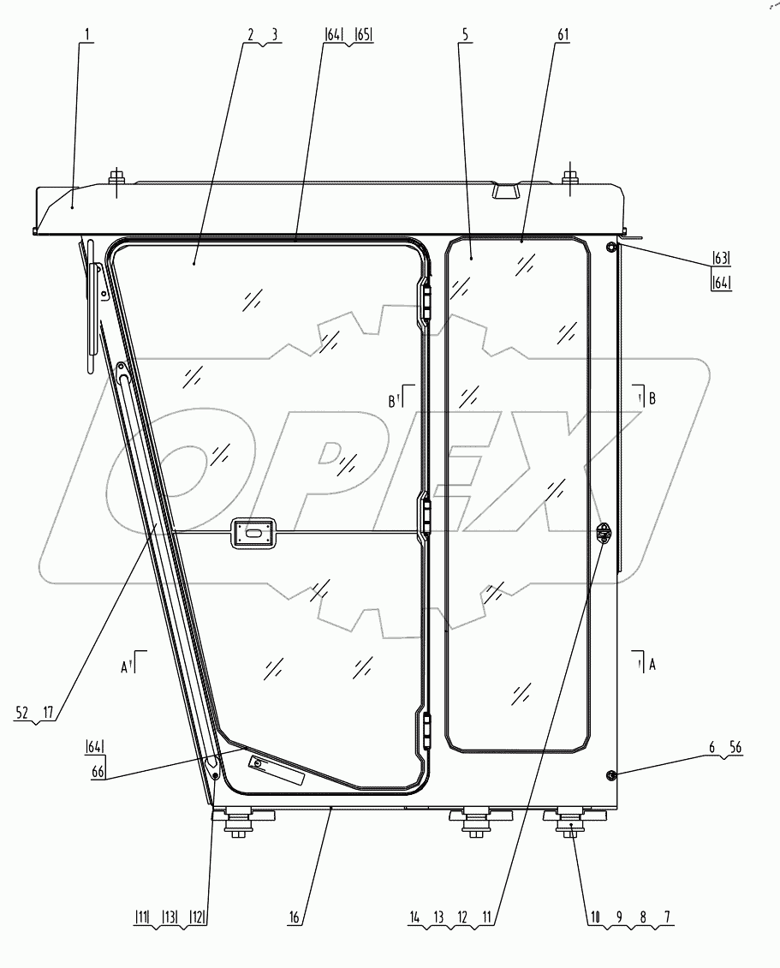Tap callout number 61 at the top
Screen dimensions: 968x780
click(x=563, y=35)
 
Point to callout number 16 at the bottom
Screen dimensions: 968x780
click(x=293, y=917)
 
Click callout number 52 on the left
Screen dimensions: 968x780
click(x=21, y=710)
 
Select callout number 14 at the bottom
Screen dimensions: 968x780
click(x=415, y=917)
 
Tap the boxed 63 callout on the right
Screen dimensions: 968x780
click(x=721, y=257)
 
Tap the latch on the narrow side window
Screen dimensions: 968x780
click(x=604, y=533)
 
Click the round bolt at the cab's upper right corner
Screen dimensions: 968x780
click(x=611, y=248)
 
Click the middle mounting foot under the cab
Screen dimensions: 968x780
click(x=474, y=822)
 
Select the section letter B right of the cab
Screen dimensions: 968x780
click(x=652, y=397)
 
